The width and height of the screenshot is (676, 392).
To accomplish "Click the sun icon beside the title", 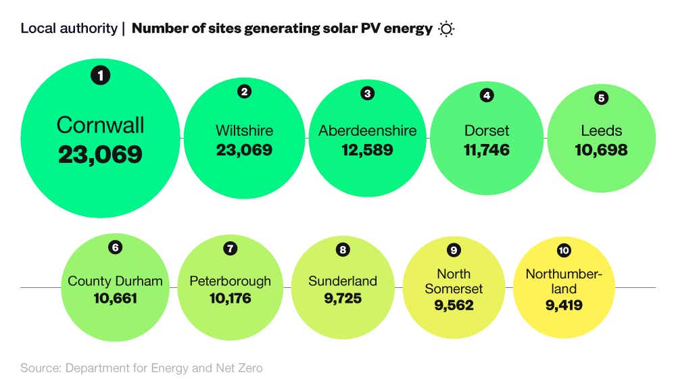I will pyautogui.click(x=446, y=28).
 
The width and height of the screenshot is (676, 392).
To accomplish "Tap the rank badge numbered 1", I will pyautogui.click(x=100, y=76).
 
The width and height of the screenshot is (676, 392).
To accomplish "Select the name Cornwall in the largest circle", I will pyautogui.click(x=100, y=125).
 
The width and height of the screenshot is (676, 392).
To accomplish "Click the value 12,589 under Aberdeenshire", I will pyautogui.click(x=367, y=150).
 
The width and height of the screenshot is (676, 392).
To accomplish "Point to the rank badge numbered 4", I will pyautogui.click(x=486, y=95).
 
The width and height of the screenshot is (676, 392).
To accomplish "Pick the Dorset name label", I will pyautogui.click(x=487, y=130).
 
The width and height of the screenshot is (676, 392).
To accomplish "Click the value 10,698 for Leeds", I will pyautogui.click(x=601, y=150).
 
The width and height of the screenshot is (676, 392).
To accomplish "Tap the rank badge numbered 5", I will pyautogui.click(x=601, y=98).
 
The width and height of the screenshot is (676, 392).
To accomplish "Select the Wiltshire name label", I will pyautogui.click(x=244, y=130).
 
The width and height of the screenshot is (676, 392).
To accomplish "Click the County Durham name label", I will pyautogui.click(x=116, y=281).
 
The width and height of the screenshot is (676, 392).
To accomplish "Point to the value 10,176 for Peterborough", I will pyautogui.click(x=230, y=299).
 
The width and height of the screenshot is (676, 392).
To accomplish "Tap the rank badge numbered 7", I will pyautogui.click(x=230, y=249).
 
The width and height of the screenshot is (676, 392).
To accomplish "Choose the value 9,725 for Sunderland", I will pyautogui.click(x=343, y=299).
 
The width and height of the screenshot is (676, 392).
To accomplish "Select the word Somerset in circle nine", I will pyautogui.click(x=454, y=289).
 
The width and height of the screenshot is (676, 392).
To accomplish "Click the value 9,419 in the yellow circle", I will pyautogui.click(x=563, y=305).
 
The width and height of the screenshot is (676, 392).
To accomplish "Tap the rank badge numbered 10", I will pyautogui.click(x=563, y=251).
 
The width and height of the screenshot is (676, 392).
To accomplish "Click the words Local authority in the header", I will pyautogui.click(x=68, y=28).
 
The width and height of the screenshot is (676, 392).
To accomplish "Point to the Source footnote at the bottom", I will pyautogui.click(x=141, y=368).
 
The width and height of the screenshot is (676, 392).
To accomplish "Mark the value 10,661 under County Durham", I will pyautogui.click(x=116, y=299).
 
